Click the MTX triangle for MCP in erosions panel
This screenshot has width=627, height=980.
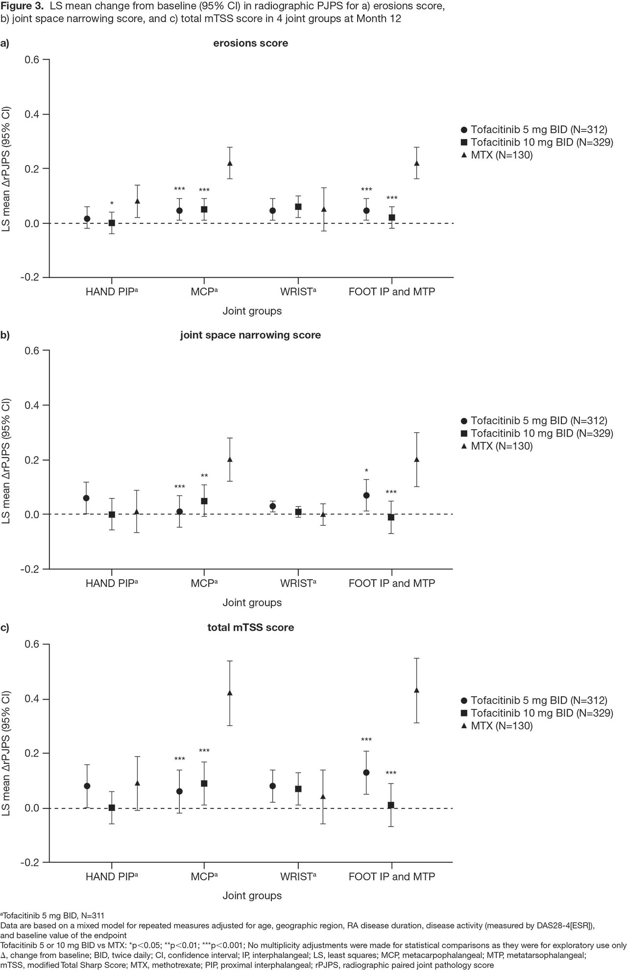pos(230,163)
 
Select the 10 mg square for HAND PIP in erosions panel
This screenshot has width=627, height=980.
pos(112,223)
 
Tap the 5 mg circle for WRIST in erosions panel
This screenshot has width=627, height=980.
pos(272,211)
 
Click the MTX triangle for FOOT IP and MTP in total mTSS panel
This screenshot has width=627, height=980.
pos(416,690)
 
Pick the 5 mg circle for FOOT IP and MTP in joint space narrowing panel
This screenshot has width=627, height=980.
pos(366,495)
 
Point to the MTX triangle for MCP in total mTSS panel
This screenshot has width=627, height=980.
pos(230,692)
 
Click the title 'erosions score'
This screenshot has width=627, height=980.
pos(250,43)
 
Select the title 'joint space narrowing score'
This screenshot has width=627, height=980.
pos(250,335)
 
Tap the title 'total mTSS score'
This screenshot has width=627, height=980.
pos(250,627)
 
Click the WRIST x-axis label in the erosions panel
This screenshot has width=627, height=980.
pos(297,292)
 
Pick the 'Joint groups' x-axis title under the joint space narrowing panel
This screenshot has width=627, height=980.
pos(252,603)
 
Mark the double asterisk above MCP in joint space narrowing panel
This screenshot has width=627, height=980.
pos(204,476)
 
